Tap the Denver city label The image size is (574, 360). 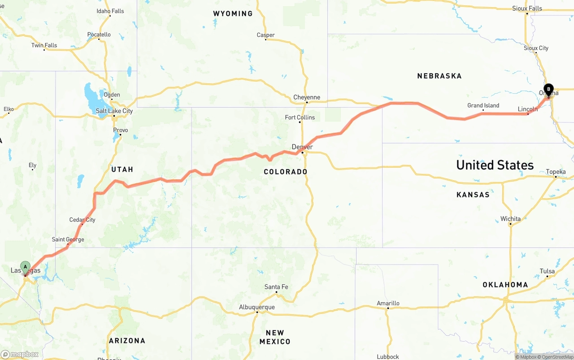[302, 147]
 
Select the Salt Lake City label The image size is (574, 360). [114, 111]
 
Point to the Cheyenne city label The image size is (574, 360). [307, 97]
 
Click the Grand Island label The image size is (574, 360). [483, 106]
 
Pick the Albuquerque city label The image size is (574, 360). [257, 307]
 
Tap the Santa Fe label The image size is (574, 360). [276, 287]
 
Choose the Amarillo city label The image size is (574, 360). [388, 303]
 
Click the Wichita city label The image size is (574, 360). [510, 219]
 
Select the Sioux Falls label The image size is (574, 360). [527, 8]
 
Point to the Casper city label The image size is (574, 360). [265, 35]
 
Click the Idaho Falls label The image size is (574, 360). [110, 11]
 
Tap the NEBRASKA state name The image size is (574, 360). [439, 76]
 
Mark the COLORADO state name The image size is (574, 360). [286, 172]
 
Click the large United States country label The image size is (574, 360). [495, 165]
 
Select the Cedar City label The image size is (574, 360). [82, 220]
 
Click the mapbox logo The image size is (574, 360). [20, 354]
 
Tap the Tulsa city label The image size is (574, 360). [547, 271]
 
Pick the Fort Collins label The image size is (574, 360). [300, 117]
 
